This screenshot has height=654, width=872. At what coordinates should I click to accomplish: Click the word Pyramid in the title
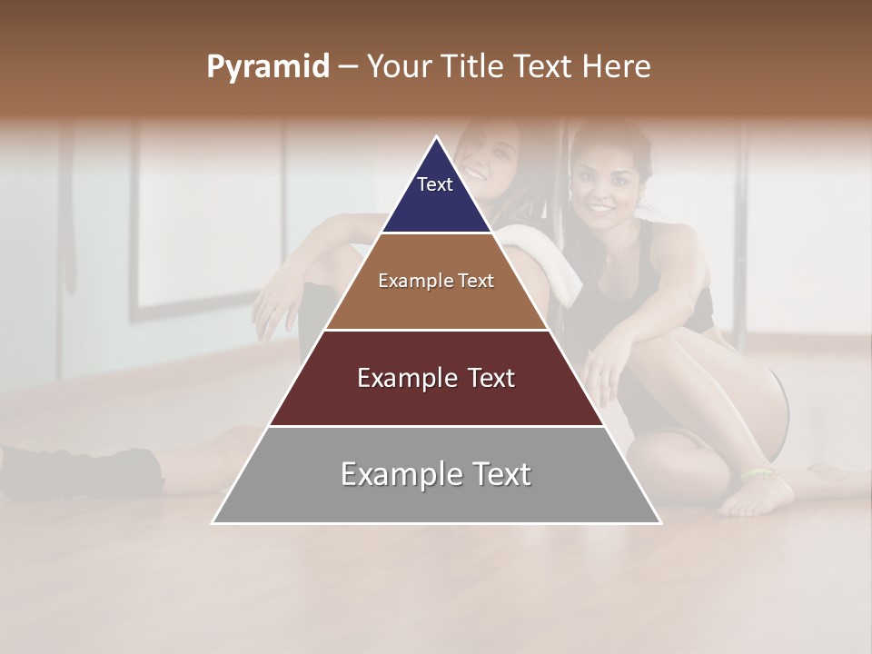[x=267, y=67]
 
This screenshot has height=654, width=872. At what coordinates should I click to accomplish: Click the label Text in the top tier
[x=434, y=184]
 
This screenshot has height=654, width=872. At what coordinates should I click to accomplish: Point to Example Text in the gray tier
[x=436, y=474]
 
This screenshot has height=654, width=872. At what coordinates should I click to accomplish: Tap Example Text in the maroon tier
[x=436, y=378]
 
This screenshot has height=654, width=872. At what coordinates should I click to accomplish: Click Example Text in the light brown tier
[x=436, y=281]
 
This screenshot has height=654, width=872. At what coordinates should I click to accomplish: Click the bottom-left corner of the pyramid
[x=213, y=522]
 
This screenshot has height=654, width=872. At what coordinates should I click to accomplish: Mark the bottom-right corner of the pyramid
[x=659, y=522]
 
